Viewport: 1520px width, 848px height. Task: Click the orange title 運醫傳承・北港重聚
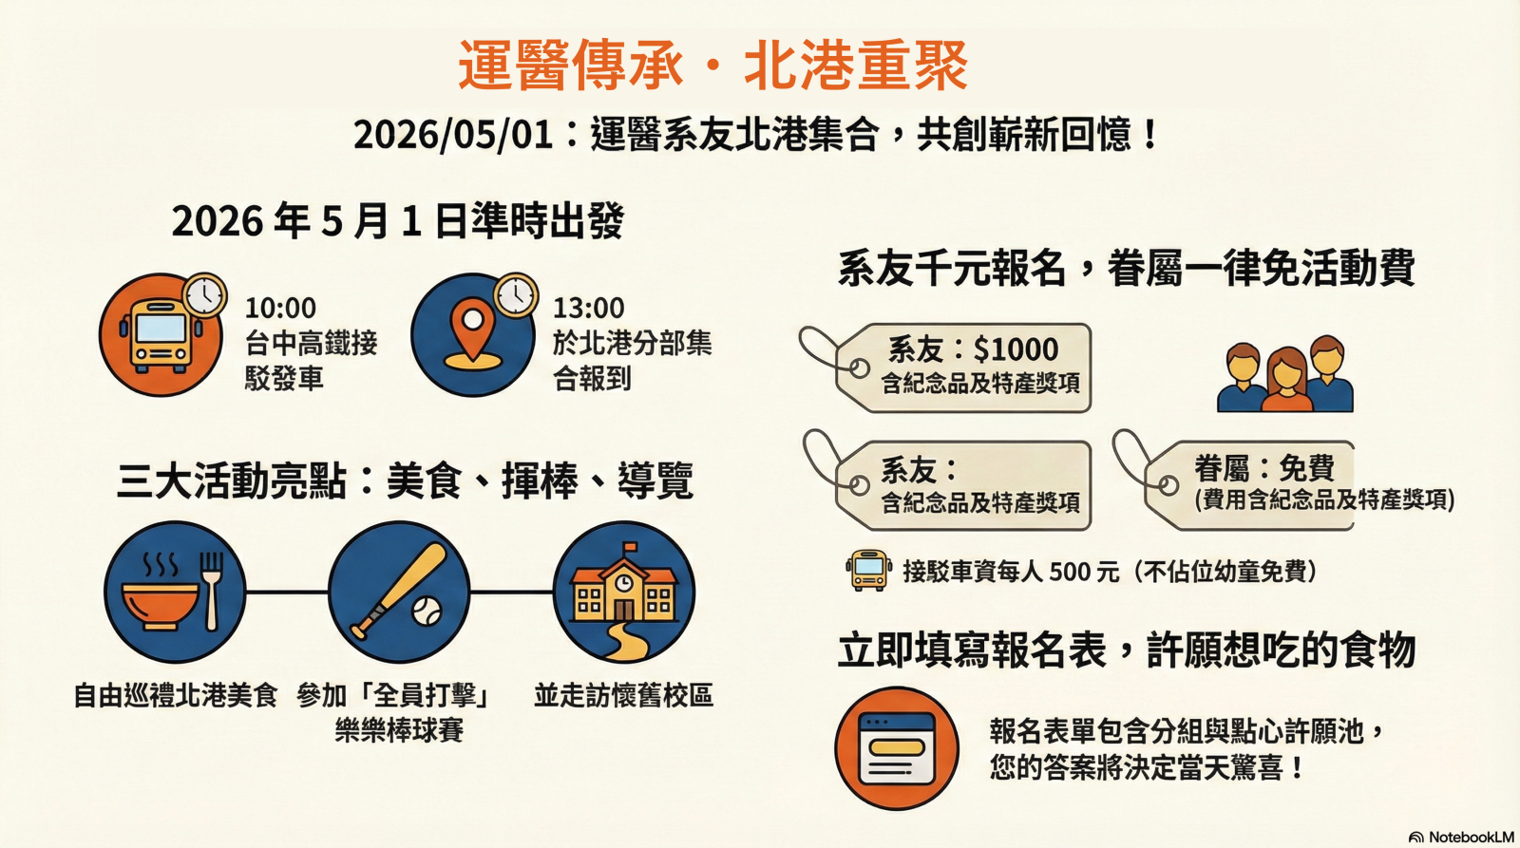(x=713, y=65)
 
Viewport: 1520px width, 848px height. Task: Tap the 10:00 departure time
(x=280, y=309)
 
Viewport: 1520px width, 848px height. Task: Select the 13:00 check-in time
(x=588, y=309)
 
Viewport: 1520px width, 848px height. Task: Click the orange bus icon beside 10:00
(x=161, y=334)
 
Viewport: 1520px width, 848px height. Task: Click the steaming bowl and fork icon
(x=175, y=592)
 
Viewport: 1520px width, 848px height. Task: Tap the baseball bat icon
(x=399, y=592)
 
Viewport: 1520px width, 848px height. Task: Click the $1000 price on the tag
(x=1016, y=349)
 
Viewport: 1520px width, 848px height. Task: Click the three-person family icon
(x=1284, y=374)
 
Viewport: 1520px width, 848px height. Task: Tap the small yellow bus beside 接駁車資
(x=868, y=570)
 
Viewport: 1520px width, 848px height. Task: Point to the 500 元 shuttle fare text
(x=1084, y=572)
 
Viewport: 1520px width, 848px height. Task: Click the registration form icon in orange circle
(x=897, y=748)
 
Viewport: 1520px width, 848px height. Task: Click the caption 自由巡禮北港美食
(x=176, y=696)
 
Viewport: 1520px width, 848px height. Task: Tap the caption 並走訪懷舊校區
(x=623, y=696)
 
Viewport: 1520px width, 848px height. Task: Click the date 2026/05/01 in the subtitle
(x=452, y=134)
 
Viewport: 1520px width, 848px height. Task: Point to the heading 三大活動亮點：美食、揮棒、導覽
(x=405, y=481)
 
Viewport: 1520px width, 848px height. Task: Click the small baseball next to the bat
(x=427, y=611)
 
